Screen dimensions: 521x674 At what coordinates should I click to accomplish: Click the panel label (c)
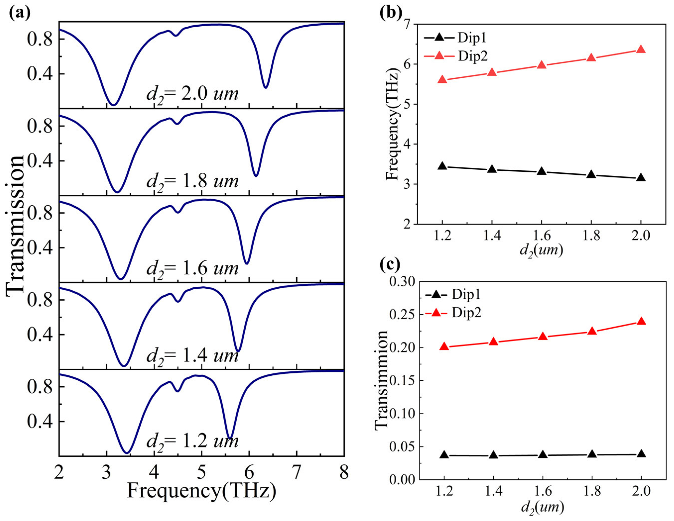390,264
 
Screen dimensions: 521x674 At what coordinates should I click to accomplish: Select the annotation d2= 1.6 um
192,268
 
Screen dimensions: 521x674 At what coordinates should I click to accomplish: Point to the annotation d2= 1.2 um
192,441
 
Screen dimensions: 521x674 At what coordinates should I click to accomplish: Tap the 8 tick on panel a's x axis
343,472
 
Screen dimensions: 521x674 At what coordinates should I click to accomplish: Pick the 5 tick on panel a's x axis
201,472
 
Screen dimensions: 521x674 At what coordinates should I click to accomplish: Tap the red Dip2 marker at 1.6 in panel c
543,337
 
